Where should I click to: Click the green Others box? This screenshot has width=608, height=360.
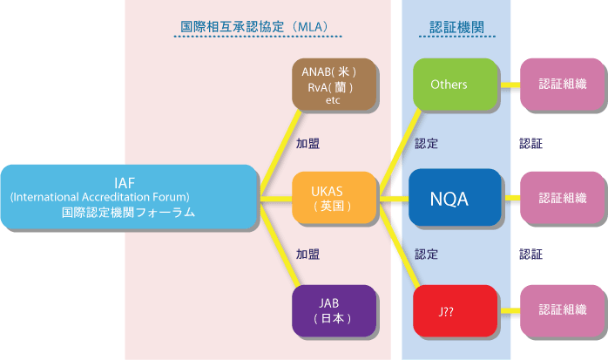pyautogui.click(x=449, y=85)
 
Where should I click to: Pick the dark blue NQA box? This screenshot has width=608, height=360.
pyautogui.click(x=449, y=198)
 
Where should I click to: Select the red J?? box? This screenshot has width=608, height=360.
pyautogui.click(x=449, y=310)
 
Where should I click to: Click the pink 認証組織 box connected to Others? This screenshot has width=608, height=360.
pyautogui.click(x=562, y=85)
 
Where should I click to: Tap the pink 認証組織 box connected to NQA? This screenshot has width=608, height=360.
pyautogui.click(x=562, y=198)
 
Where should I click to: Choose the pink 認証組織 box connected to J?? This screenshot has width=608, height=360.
pyautogui.click(x=562, y=310)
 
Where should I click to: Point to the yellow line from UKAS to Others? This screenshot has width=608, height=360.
pyautogui.click(x=397, y=148)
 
